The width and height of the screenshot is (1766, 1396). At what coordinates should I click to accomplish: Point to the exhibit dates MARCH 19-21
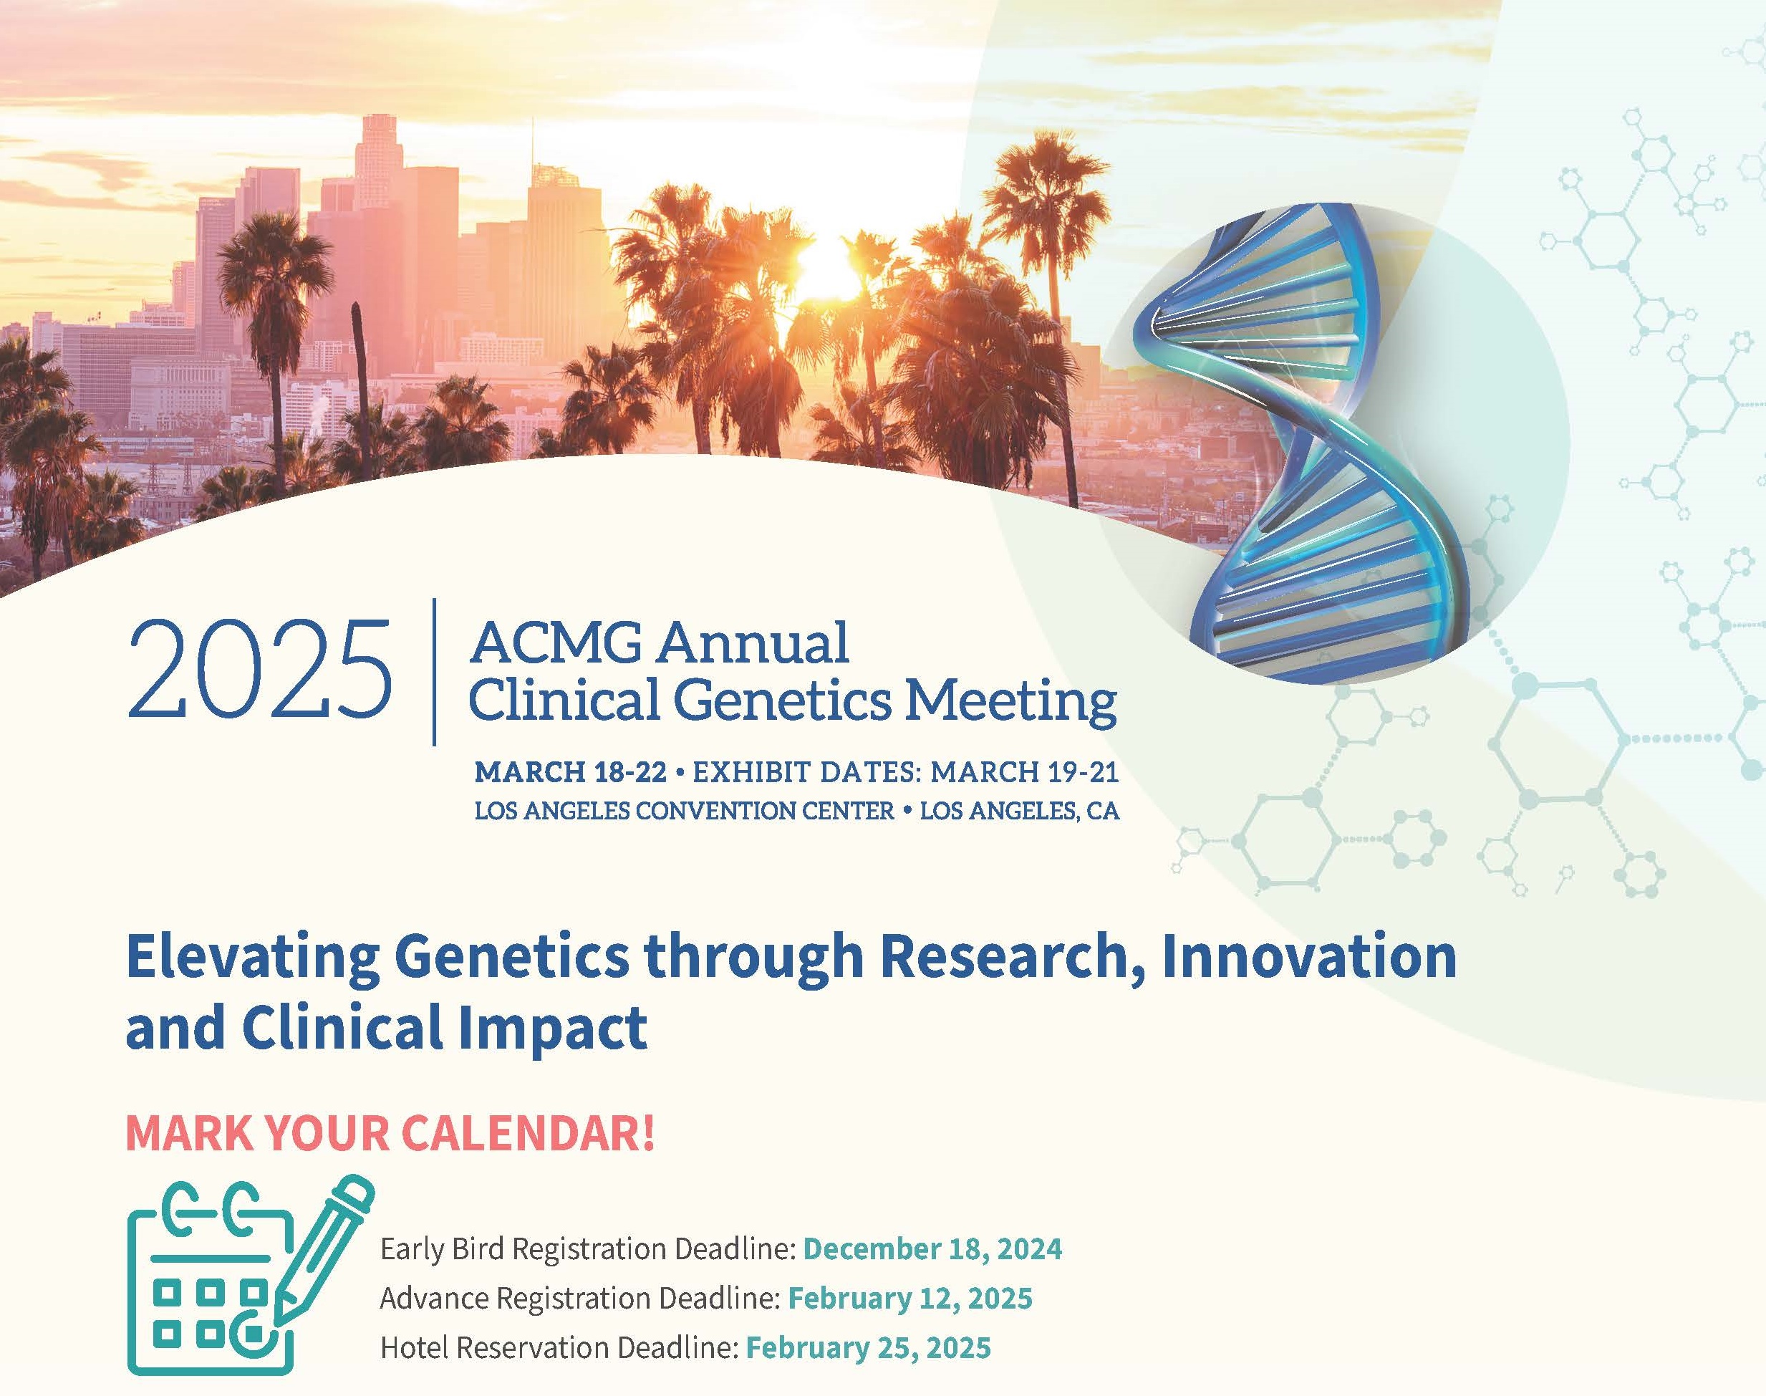tap(1024, 771)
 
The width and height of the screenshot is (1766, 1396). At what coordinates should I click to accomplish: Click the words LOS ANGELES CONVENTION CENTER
tap(685, 811)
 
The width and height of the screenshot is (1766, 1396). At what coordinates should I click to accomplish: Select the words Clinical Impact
tap(445, 1029)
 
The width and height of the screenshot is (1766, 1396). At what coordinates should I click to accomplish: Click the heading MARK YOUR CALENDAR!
tap(390, 1133)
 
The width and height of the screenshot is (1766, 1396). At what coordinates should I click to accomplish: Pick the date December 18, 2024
tap(932, 1249)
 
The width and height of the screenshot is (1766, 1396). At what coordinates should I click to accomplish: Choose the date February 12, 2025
tap(909, 1298)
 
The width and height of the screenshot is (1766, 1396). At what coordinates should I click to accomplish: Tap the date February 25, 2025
tap(868, 1348)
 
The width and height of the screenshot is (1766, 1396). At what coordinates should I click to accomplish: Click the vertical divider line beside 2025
tap(434, 672)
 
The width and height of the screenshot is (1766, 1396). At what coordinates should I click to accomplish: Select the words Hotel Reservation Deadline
tap(559, 1348)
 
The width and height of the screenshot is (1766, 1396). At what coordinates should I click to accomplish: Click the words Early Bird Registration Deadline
tap(587, 1250)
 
